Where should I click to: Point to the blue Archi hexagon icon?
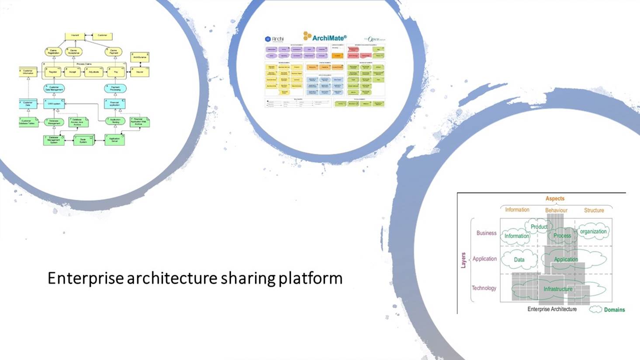coord(268,39)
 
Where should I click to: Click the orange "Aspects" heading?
coord(555,198)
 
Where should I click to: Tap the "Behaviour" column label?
coord(556,210)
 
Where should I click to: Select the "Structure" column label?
coord(594,210)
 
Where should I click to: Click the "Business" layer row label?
coord(486,233)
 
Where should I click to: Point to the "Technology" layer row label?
coord(484,288)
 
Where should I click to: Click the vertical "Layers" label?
coord(464,260)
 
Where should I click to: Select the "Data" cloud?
coord(519,260)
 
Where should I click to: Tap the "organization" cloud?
coord(593,232)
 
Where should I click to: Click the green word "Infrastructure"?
coord(558,289)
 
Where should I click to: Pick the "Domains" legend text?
coord(614,310)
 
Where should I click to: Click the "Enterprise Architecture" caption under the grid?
coord(552,309)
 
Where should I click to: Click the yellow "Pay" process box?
coord(116,72)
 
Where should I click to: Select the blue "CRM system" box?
coord(54,104)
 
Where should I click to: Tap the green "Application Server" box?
coord(114,140)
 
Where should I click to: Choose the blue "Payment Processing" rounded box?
coord(115,89)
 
